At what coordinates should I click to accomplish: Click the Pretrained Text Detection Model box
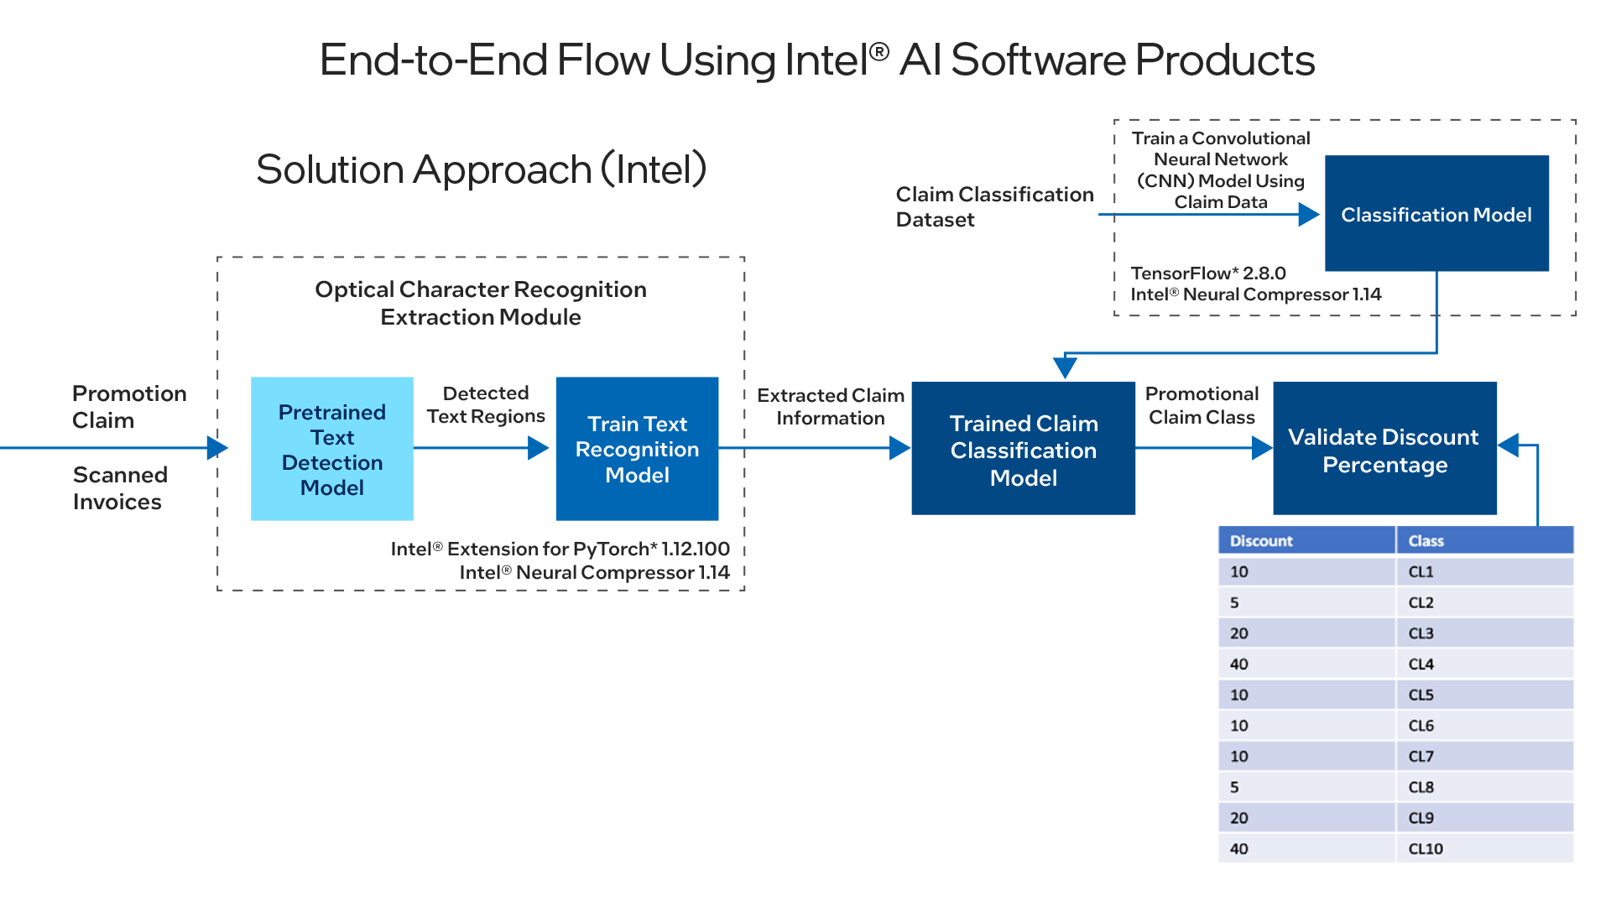(332, 449)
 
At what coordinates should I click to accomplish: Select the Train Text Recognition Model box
(637, 449)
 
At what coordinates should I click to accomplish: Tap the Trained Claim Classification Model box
(1023, 449)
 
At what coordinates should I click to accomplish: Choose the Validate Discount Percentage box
(1384, 449)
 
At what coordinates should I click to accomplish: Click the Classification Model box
(1436, 213)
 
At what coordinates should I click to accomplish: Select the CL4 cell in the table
(1484, 664)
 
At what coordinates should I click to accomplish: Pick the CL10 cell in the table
(1484, 848)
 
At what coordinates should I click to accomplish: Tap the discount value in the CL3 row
(1239, 633)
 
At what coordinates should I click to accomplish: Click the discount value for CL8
(1234, 787)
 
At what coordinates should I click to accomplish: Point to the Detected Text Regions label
(486, 404)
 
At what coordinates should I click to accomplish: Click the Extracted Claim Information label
(831, 407)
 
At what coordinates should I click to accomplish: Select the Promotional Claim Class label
(1202, 405)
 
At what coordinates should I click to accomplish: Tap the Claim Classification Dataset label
(994, 206)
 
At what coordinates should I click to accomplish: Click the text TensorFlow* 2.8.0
(1208, 273)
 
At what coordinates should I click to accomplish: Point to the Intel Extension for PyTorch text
(560, 549)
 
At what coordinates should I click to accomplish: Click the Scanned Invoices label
(120, 488)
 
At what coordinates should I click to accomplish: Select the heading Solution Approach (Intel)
(482, 169)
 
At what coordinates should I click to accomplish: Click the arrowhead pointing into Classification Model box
(1309, 215)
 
